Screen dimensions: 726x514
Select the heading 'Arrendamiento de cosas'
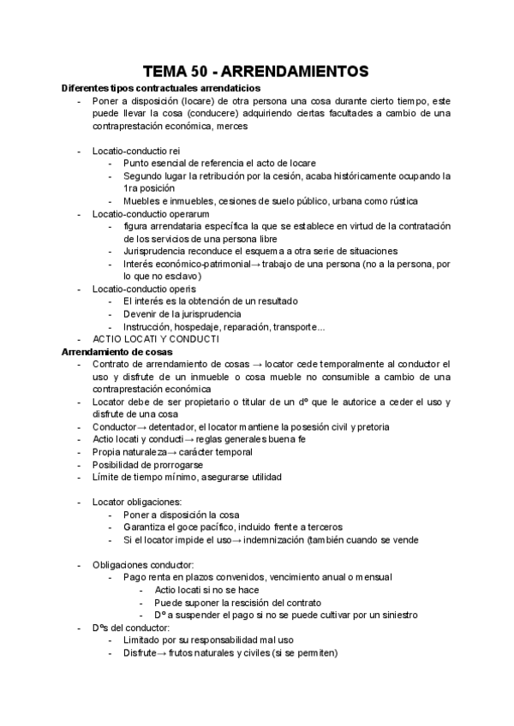tap(117, 351)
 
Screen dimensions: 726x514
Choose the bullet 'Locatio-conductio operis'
tap(143, 289)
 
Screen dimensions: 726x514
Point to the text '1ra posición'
tap(150, 188)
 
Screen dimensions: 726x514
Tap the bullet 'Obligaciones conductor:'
tap(143, 564)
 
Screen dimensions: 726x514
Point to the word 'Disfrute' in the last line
tap(140, 652)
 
